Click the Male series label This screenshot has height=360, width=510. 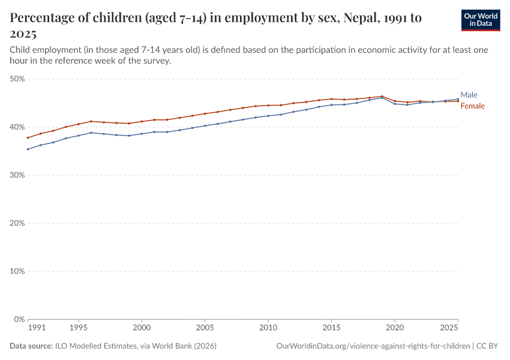(x=469, y=95)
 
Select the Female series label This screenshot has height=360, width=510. (x=472, y=106)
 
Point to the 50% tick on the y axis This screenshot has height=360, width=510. (x=17, y=79)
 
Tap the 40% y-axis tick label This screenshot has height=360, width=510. (x=17, y=127)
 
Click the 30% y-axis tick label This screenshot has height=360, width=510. (x=17, y=175)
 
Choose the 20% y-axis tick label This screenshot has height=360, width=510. (x=17, y=223)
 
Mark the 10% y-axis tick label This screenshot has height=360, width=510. (x=17, y=271)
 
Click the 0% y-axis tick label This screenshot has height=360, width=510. (x=19, y=319)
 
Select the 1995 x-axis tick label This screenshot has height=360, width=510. (x=78, y=328)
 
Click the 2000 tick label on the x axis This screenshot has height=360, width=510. (x=142, y=328)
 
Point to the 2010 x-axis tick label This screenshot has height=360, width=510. (x=268, y=328)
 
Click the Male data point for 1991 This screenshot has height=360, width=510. (x=28, y=149)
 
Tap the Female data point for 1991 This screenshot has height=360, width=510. (x=28, y=138)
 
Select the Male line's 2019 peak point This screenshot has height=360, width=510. (x=382, y=97)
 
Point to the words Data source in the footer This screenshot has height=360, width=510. (x=31, y=346)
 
